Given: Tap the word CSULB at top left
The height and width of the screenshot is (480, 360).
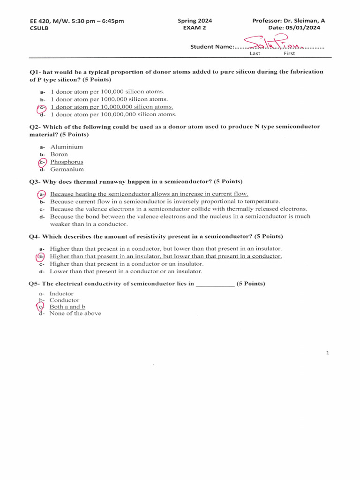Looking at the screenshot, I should [38, 28].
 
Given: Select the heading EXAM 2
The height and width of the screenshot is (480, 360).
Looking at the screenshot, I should [195, 28].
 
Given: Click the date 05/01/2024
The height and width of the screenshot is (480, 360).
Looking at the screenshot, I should [307, 28].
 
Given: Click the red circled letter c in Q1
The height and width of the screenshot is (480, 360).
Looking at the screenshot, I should [42, 107].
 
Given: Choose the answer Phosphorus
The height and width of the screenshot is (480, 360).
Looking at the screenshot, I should [67, 162].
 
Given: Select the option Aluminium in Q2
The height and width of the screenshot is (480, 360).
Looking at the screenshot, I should [67, 147].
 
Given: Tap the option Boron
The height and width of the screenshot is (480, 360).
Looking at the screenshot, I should [59, 154].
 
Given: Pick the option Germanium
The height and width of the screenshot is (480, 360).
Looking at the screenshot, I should [67, 169].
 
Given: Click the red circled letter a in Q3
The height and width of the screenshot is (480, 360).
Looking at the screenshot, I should [42, 194].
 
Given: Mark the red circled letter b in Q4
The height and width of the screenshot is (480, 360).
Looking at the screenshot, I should [41, 256].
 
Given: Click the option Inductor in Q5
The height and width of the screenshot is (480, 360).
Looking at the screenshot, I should [61, 293].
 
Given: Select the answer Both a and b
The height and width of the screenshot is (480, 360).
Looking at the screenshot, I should [67, 307].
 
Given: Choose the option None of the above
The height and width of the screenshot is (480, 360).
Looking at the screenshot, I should [75, 313].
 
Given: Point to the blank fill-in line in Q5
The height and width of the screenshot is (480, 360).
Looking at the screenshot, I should [215, 284].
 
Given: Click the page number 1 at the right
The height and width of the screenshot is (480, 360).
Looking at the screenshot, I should [328, 353].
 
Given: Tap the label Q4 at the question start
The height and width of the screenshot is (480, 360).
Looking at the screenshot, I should [35, 236].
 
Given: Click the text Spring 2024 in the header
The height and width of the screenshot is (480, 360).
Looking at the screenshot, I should [195, 21].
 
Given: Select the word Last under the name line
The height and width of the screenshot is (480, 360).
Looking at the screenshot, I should [255, 53].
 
